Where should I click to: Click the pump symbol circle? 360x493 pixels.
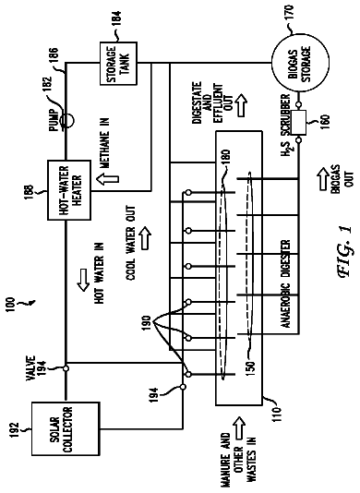pos(66,120)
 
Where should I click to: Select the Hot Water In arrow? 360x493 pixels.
pos(84,279)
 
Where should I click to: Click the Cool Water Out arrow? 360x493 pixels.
pos(145,238)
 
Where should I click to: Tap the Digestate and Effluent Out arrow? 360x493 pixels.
pos(241,103)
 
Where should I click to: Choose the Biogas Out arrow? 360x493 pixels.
pos(324,178)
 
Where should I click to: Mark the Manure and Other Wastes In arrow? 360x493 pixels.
pos(240,428)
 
